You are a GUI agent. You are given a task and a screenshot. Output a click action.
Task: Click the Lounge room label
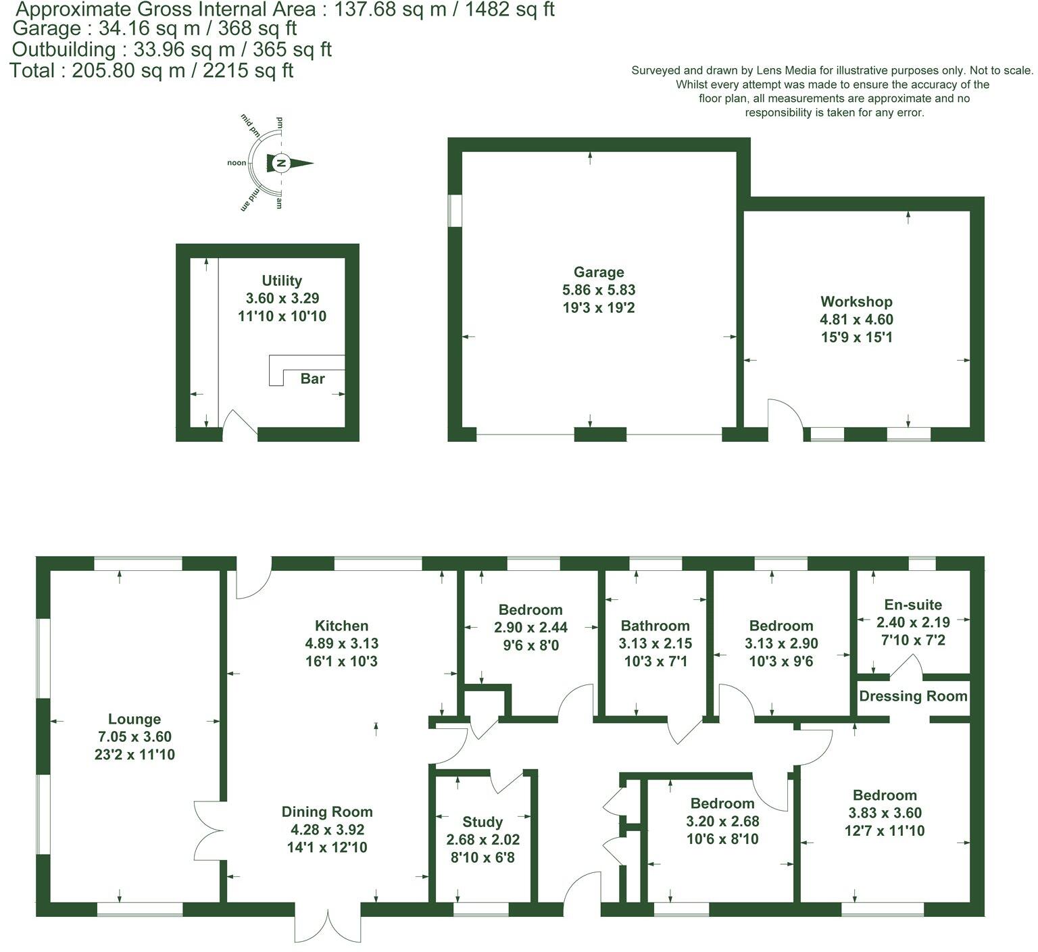click(x=134, y=719)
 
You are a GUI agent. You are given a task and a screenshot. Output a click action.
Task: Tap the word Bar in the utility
click(x=312, y=378)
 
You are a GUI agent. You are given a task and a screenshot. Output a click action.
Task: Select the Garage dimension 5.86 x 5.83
click(x=598, y=290)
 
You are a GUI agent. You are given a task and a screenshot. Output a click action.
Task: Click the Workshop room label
click(x=856, y=301)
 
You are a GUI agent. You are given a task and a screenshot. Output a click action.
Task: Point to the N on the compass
click(x=282, y=164)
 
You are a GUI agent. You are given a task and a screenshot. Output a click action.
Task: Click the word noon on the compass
click(x=237, y=163)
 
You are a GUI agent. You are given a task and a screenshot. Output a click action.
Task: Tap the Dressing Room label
click(x=913, y=696)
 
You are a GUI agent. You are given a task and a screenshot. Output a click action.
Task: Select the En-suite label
click(x=912, y=605)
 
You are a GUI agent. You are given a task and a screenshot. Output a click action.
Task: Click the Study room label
click(x=482, y=822)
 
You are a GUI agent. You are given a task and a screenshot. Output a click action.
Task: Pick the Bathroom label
click(x=655, y=626)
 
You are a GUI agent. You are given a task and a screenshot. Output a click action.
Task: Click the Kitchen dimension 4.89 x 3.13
click(x=341, y=644)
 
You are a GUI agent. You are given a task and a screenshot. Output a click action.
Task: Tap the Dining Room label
click(x=327, y=811)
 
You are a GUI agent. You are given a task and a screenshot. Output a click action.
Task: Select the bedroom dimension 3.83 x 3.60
click(x=884, y=813)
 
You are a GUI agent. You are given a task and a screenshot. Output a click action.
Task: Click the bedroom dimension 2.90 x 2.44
click(x=530, y=628)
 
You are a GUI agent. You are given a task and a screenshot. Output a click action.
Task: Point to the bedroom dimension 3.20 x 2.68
click(x=722, y=822)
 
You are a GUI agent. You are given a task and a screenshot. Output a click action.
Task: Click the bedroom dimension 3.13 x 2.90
click(x=781, y=644)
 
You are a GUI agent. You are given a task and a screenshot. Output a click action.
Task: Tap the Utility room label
click(x=282, y=280)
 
